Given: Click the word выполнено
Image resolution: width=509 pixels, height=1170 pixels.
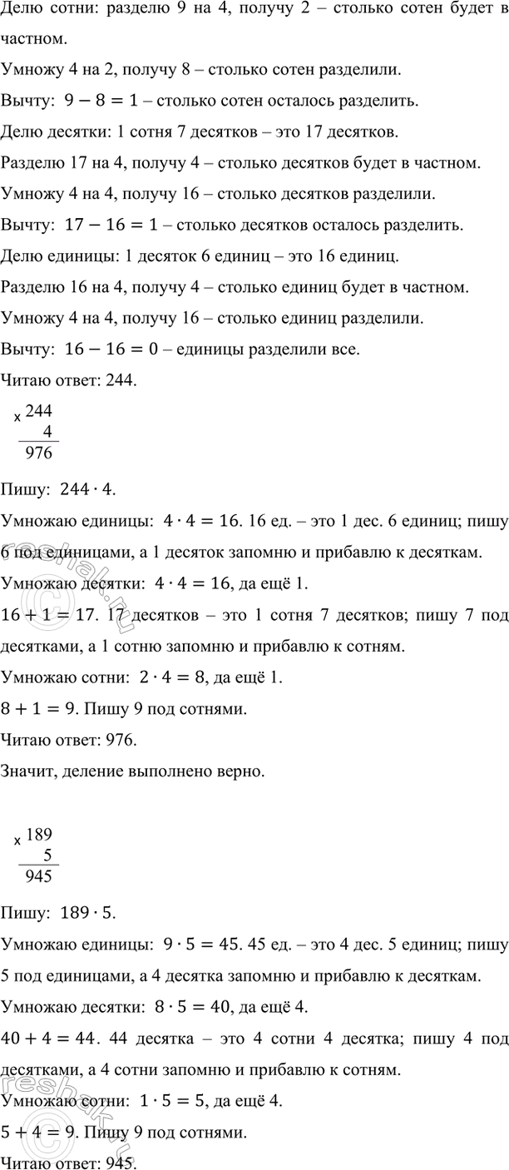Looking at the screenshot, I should click(177, 772).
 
